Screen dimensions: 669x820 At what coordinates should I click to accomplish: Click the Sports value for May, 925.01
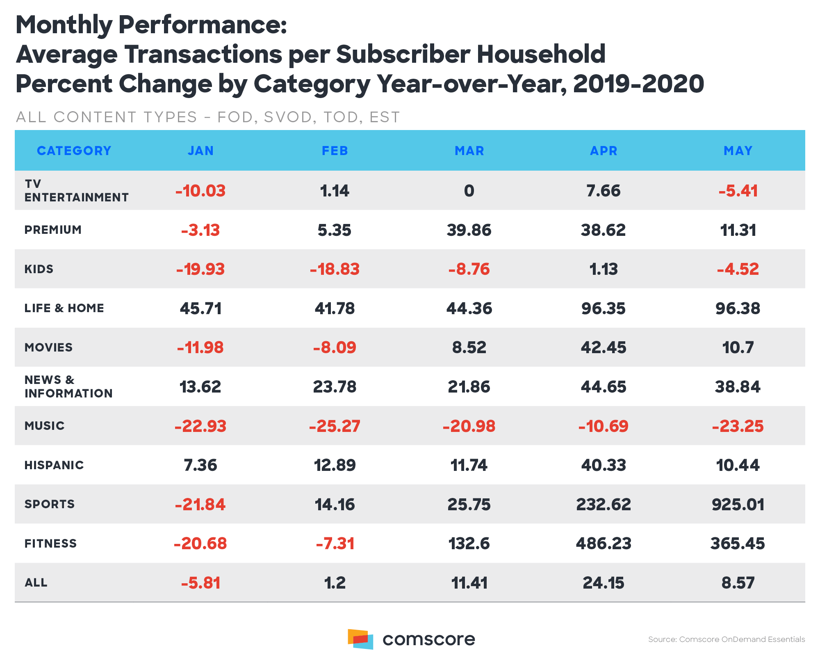738,505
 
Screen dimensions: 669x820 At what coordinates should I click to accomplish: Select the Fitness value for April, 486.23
604,544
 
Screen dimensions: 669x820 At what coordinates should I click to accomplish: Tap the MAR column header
469,151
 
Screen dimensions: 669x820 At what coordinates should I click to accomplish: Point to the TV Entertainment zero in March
469,191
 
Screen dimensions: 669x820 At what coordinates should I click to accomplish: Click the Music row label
45,426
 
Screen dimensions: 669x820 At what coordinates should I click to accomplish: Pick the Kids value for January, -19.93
200,269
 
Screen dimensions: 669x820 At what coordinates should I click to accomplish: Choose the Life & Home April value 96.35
604,308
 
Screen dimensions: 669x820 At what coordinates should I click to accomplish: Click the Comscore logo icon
360,639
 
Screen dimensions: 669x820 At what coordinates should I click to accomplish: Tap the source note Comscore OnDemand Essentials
726,639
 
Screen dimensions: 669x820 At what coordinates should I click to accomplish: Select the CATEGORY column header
74,151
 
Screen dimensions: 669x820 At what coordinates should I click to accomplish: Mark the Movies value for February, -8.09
335,348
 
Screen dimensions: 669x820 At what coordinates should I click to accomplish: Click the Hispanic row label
54,465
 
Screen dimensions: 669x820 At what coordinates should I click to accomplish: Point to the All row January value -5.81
201,583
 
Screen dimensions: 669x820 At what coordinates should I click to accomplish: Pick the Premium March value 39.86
469,230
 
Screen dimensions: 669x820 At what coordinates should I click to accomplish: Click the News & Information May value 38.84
738,387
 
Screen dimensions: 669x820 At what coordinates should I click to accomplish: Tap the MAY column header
738,151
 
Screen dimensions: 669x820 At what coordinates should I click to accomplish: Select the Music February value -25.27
335,426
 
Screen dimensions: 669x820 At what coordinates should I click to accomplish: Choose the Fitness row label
51,543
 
